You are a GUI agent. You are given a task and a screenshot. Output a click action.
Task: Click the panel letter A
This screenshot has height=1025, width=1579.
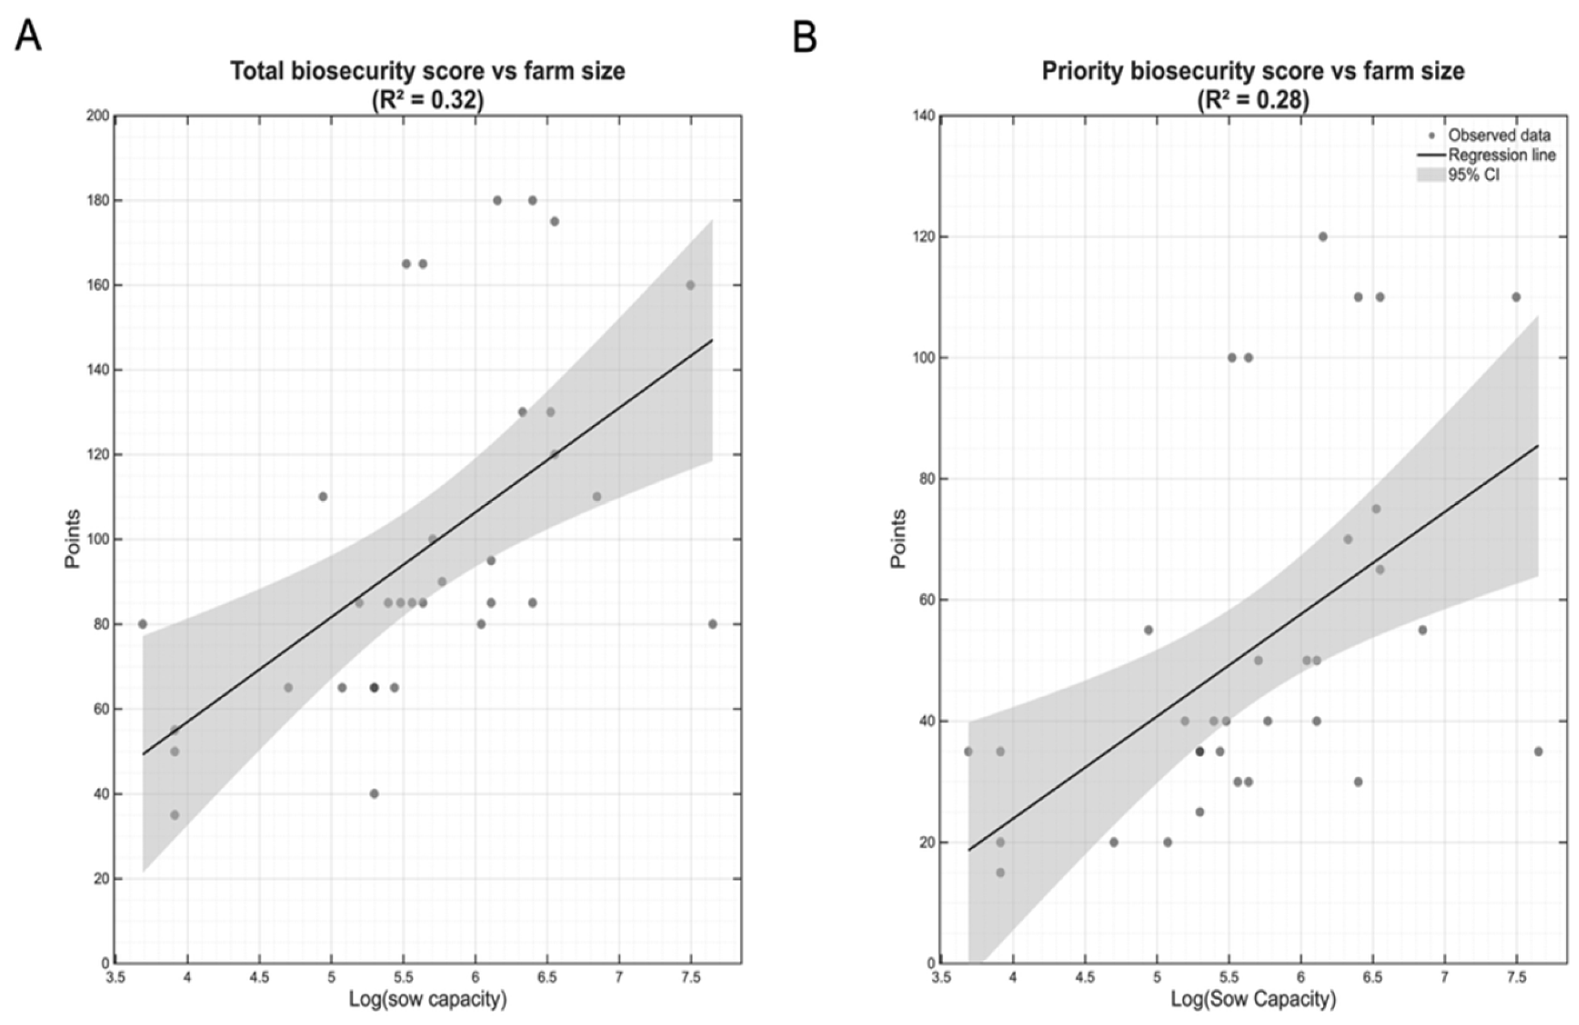[28, 36]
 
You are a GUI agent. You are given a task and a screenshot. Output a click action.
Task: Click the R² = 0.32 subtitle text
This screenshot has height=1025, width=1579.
[427, 100]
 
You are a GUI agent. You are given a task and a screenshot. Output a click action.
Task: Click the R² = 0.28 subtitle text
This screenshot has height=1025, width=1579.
[1252, 100]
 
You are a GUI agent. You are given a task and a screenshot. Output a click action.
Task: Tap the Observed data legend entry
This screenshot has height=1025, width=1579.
[1498, 136]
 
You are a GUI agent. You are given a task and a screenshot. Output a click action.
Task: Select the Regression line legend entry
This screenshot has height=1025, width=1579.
[1501, 155]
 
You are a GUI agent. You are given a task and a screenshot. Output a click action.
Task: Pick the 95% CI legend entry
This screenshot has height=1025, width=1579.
[1473, 175]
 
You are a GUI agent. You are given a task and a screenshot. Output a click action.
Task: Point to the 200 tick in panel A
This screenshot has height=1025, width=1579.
[98, 116]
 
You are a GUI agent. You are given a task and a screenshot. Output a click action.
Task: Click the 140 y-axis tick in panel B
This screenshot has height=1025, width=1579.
[923, 116]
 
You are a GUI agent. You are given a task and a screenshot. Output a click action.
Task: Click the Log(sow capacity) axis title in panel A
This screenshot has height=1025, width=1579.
[427, 999]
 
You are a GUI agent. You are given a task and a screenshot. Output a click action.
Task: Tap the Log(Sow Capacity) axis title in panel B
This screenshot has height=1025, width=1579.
[1252, 999]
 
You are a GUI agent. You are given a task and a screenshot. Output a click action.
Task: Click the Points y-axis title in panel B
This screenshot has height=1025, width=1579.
[898, 539]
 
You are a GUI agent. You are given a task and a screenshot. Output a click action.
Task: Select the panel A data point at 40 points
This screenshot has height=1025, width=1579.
[374, 793]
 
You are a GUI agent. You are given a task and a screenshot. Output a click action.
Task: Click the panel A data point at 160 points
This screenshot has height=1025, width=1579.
[690, 285]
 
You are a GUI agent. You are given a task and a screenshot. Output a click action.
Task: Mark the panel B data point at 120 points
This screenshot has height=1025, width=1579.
[1323, 237]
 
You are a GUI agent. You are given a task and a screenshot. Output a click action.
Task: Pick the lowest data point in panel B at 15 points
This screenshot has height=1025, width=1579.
[1000, 872]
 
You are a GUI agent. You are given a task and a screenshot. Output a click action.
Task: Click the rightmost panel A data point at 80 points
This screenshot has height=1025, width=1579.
[713, 625]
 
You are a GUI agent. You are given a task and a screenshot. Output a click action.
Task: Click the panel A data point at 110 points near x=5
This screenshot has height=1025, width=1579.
[323, 497]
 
